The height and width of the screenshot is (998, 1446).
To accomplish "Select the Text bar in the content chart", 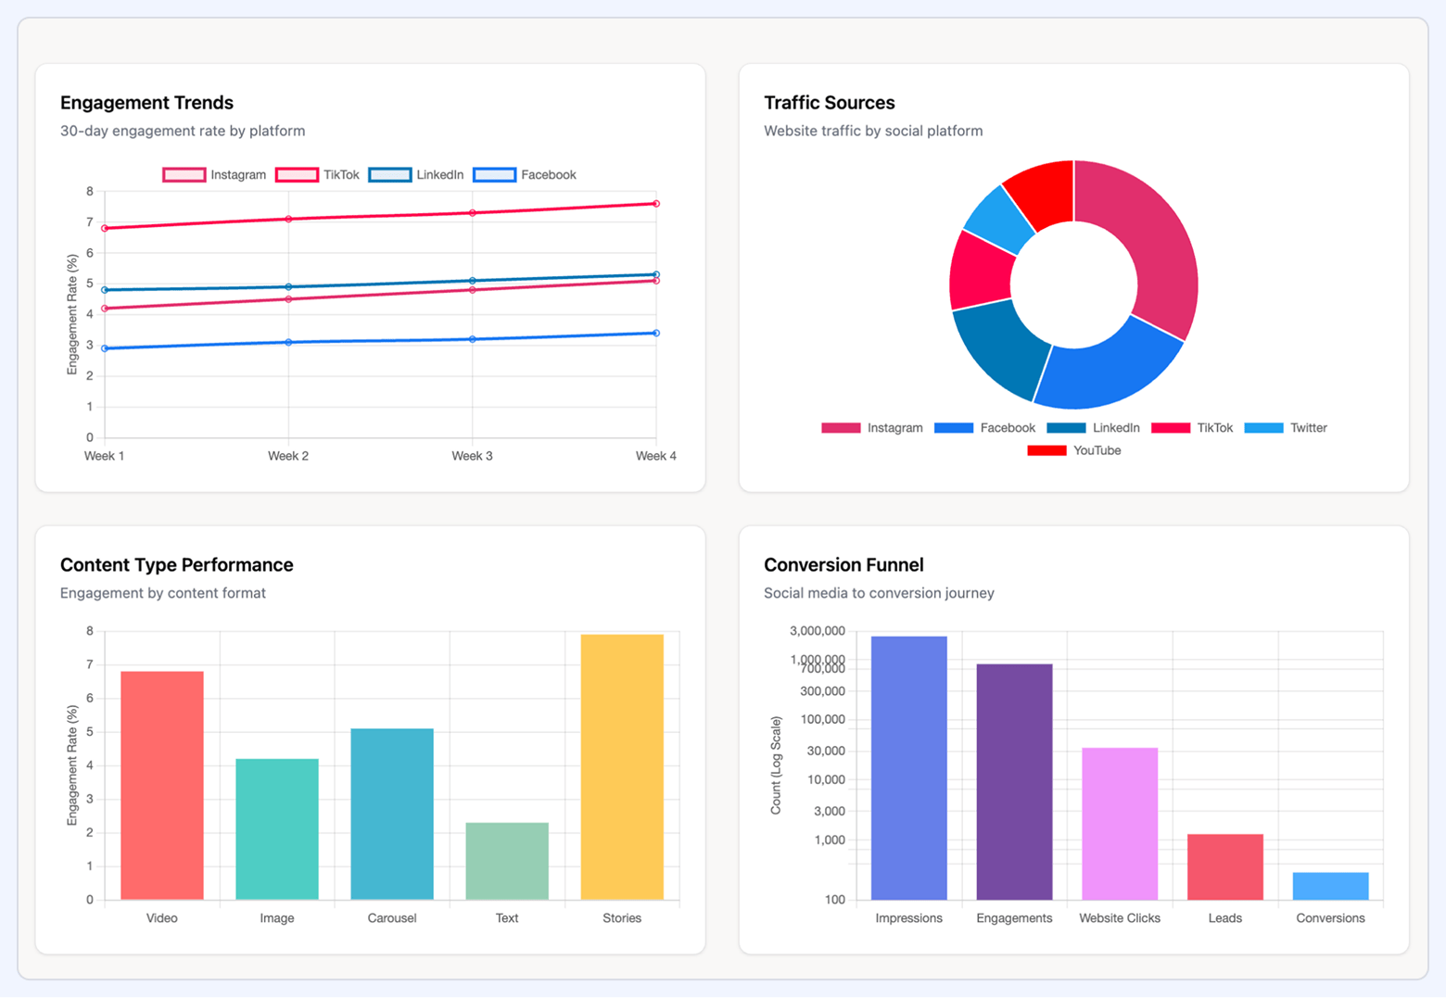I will coord(506,861).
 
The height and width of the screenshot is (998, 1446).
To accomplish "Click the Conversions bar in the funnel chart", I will coord(1330,886).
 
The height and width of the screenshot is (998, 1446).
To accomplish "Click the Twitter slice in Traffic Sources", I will coord(999,220).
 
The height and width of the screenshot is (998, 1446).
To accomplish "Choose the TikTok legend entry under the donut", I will coord(1193,428).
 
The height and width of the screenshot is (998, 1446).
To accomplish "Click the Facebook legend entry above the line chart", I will coord(526,175).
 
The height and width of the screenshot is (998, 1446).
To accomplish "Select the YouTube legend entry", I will coord(1075,450).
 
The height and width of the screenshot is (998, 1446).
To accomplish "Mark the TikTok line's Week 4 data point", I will coord(656,204).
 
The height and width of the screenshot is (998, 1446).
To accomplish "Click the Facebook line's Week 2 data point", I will coord(288,343).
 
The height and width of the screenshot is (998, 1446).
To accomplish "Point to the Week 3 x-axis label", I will coord(472,456).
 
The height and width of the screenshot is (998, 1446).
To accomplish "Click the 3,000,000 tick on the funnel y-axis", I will coord(817,631).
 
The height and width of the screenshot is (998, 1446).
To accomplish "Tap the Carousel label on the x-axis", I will coord(391,918).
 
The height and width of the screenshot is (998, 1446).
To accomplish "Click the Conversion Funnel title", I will coord(843,565).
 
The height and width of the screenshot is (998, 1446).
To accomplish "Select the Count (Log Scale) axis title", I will coord(776,765).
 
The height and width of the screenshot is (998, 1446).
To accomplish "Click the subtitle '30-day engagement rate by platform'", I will coord(183,132).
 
